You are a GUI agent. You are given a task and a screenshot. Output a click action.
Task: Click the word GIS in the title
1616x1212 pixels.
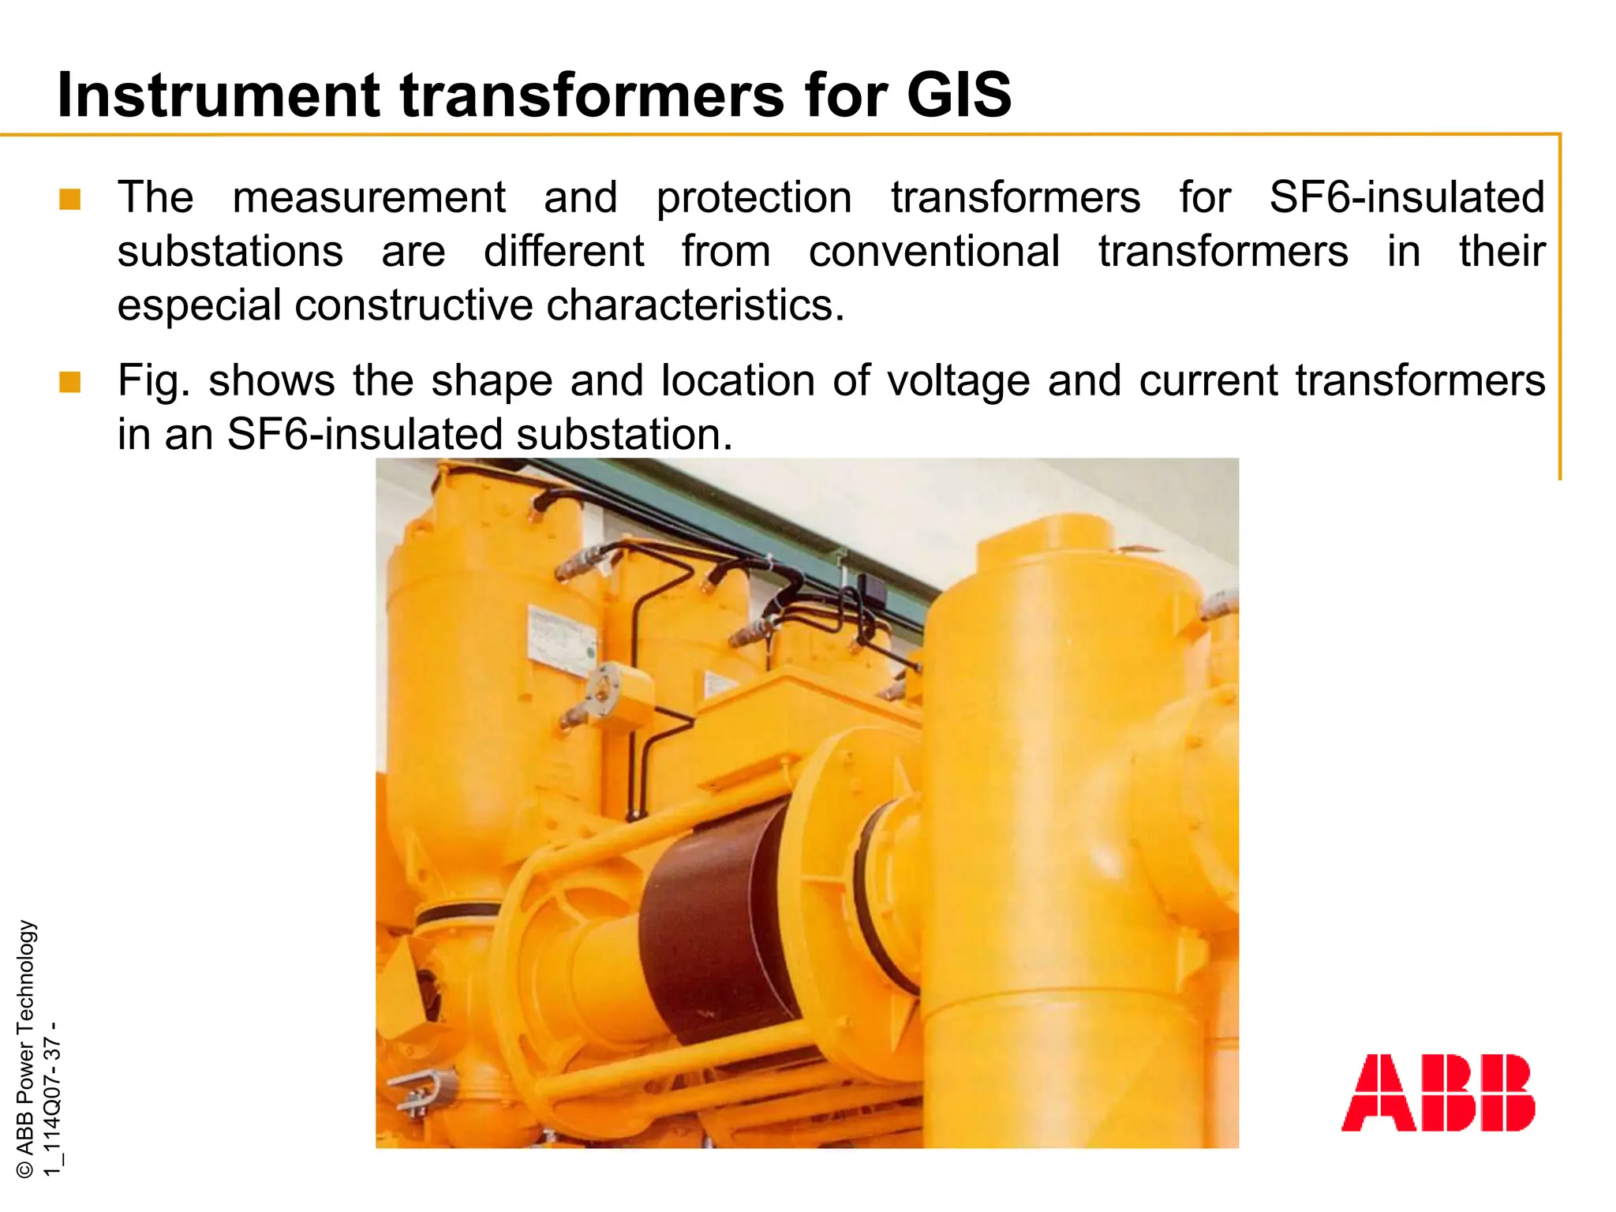(958, 95)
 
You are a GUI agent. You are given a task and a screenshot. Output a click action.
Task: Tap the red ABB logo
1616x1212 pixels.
(1438, 1093)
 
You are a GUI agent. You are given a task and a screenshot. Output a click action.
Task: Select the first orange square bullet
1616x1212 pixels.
(70, 199)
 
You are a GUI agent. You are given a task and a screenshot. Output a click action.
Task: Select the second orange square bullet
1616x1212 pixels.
(70, 383)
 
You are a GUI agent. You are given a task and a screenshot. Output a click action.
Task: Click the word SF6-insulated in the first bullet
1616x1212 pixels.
(1406, 197)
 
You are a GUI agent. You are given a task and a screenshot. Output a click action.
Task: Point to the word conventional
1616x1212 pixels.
(934, 252)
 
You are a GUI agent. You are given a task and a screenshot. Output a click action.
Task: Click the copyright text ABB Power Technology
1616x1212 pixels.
(25, 1049)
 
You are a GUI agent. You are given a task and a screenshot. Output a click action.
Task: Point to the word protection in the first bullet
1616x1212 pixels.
(754, 197)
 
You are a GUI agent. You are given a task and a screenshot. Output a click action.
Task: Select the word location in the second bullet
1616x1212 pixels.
(737, 381)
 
